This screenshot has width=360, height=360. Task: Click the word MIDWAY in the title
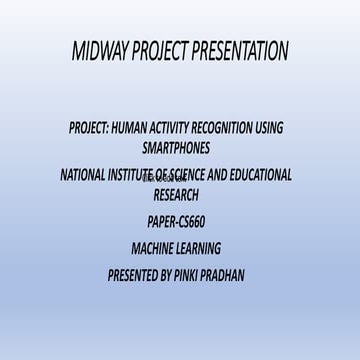(105, 52)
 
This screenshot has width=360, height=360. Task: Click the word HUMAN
(126, 128)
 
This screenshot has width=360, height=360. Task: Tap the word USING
(270, 128)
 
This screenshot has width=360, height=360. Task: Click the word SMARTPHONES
(176, 147)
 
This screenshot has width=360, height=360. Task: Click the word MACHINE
(154, 248)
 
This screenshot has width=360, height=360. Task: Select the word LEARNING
(201, 248)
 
